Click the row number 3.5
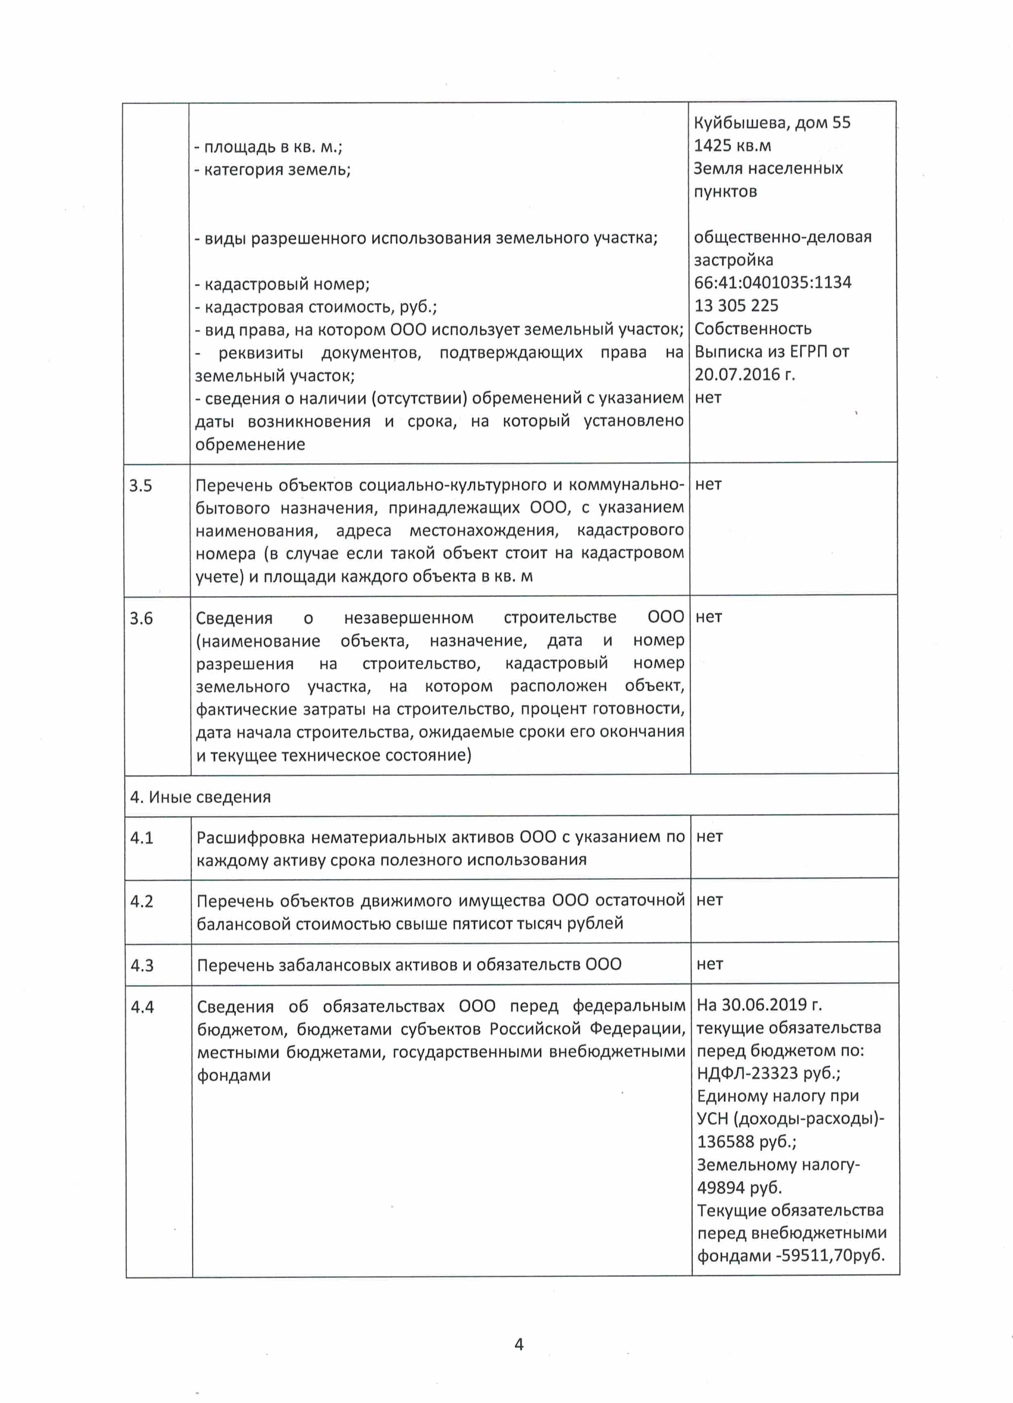coord(141,485)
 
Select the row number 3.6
coord(141,619)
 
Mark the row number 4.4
coord(142,1007)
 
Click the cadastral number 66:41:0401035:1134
coord(773,283)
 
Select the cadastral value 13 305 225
coord(736,305)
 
